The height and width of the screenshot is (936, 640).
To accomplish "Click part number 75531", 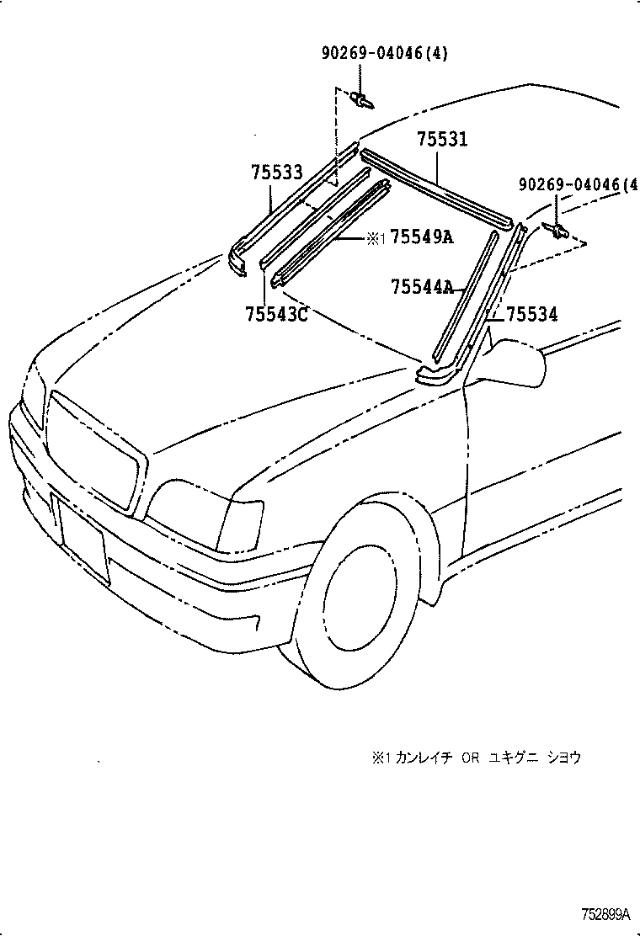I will (442, 141).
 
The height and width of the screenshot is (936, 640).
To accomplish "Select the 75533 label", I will (276, 173).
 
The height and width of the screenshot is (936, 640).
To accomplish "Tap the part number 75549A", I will (422, 237).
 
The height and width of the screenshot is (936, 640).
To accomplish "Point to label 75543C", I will (276, 315).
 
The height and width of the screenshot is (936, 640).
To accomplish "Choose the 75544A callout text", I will (422, 288).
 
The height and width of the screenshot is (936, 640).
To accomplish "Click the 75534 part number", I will (531, 315).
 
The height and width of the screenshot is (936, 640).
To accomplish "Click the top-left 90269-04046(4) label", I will (384, 54).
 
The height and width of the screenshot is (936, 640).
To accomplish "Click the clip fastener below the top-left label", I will (364, 100).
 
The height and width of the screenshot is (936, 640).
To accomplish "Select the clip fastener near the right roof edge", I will (557, 229).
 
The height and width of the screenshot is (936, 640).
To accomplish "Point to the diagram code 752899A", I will (604, 913).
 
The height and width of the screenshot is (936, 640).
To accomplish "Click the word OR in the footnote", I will (469, 758).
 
